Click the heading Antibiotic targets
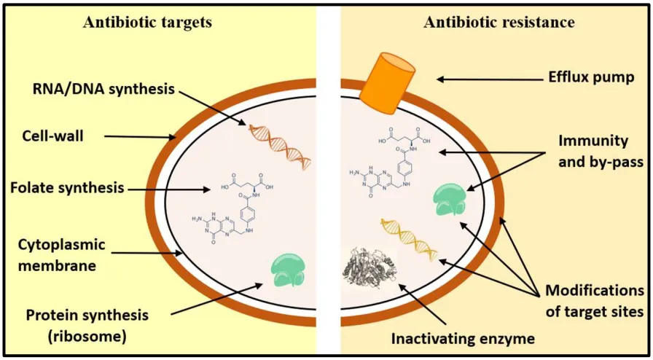tap(147, 22)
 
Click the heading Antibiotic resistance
tap(499, 22)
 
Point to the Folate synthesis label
tap(66, 189)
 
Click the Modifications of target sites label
tap(595, 301)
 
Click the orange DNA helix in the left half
tap(281, 144)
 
